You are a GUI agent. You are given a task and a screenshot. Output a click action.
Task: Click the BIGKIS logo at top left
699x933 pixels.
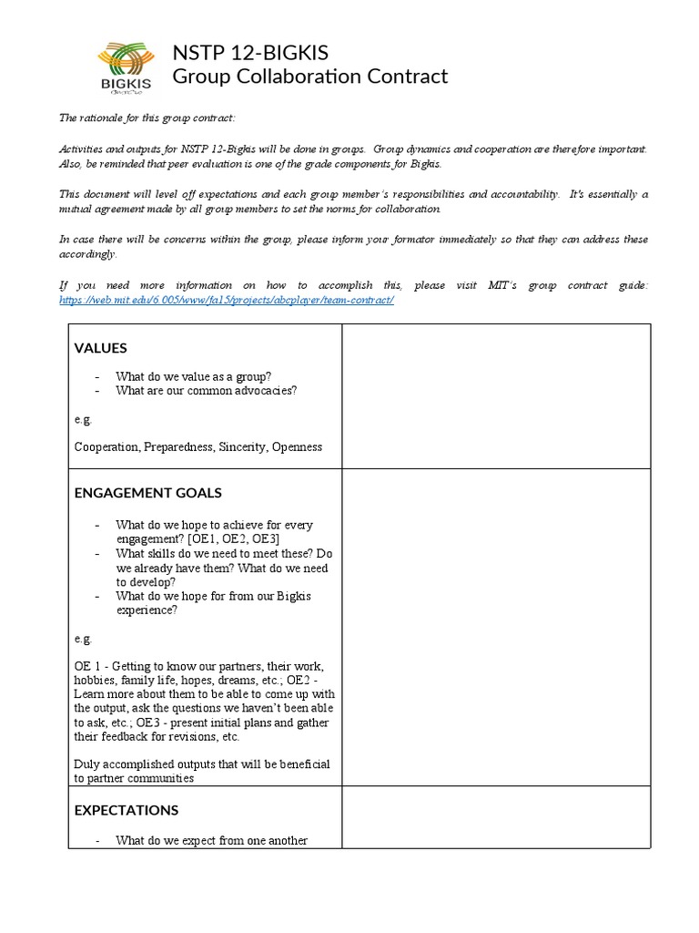click(x=127, y=66)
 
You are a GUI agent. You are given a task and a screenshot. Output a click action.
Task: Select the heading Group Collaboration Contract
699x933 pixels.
click(x=309, y=77)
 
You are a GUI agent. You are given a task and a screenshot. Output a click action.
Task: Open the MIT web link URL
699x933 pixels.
click(x=227, y=300)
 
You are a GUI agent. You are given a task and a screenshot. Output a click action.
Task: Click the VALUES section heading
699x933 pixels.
click(x=100, y=348)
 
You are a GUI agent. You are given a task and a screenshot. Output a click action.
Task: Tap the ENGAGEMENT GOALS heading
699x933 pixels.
click(x=147, y=493)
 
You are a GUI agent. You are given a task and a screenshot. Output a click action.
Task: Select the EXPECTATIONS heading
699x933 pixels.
click(x=126, y=810)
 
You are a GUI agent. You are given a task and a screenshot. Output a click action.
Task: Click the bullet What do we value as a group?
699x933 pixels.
click(x=193, y=376)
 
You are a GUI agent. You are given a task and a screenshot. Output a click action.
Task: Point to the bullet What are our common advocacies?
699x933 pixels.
click(x=206, y=391)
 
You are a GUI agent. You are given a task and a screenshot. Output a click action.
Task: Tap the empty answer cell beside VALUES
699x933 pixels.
click(x=495, y=396)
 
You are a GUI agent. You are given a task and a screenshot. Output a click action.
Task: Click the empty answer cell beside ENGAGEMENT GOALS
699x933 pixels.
click(x=495, y=628)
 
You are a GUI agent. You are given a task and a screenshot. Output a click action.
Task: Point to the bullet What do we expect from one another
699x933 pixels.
click(x=211, y=841)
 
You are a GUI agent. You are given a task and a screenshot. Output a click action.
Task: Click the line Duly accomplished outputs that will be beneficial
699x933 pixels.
click(x=202, y=764)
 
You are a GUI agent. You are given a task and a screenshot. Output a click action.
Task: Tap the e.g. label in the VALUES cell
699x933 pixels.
click(x=83, y=419)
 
